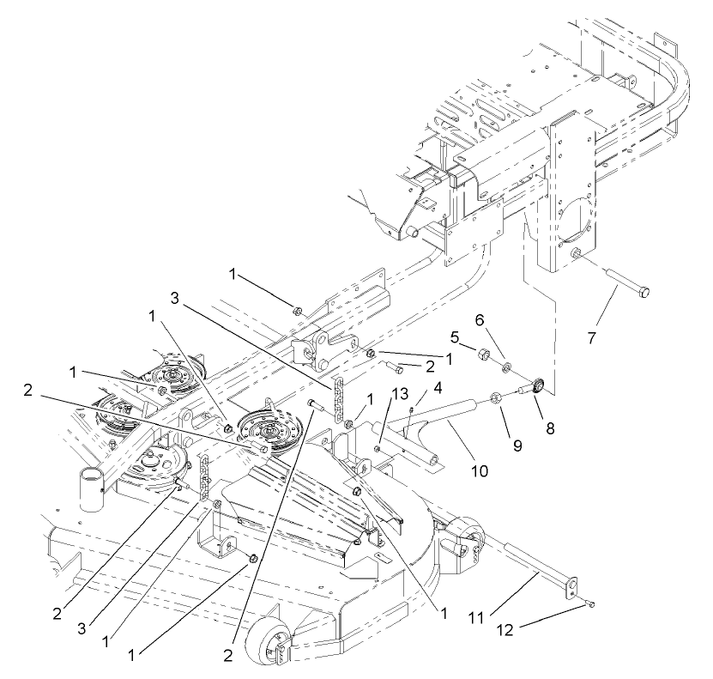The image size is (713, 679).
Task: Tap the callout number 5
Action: point(456,336)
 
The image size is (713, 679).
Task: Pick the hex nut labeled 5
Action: point(483,353)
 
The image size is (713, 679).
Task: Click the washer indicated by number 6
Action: point(507,367)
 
